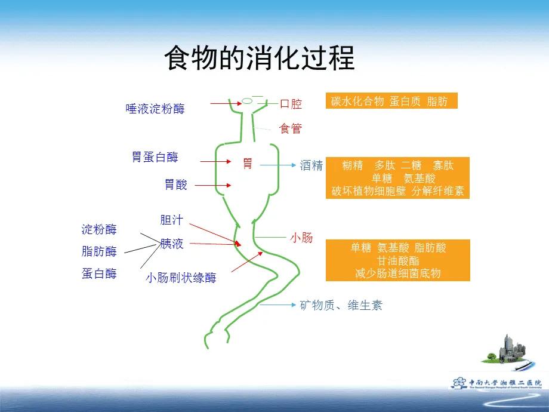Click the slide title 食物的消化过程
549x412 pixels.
259,59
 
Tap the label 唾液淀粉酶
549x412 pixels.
155,109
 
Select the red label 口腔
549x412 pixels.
291,104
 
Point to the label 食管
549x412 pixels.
291,128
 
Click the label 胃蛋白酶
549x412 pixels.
155,157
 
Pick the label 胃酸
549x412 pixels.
176,185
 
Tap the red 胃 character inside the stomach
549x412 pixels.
248,163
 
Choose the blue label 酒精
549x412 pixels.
311,166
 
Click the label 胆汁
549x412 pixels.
171,220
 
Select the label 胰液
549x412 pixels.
171,243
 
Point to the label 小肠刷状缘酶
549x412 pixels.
181,278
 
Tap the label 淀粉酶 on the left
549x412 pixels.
99,229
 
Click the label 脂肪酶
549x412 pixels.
99,251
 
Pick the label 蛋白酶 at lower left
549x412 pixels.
99,273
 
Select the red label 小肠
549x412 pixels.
301,238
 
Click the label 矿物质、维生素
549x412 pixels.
341,306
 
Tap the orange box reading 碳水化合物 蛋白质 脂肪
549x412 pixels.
391,101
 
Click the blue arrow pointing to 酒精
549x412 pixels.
277,165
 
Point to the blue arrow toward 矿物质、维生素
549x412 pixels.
278,305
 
